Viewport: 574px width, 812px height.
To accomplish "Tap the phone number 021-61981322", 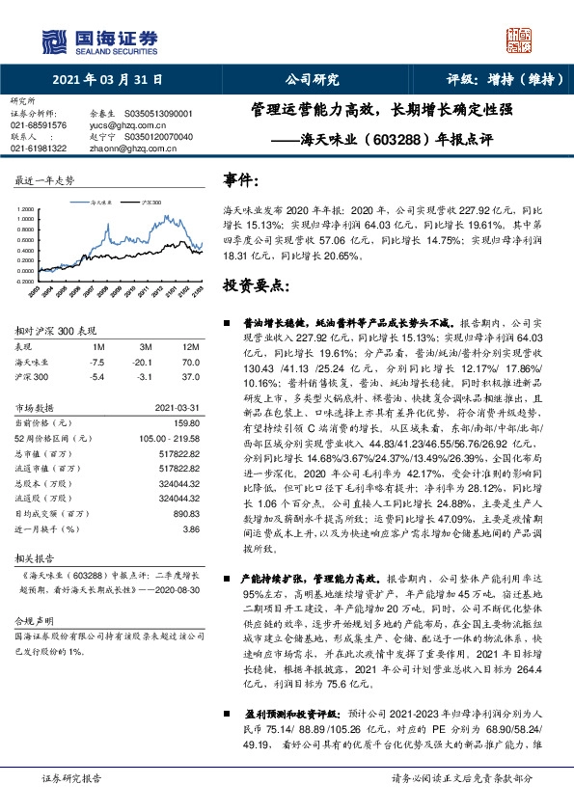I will (x=39, y=149).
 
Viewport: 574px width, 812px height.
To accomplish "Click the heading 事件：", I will (x=241, y=180).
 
